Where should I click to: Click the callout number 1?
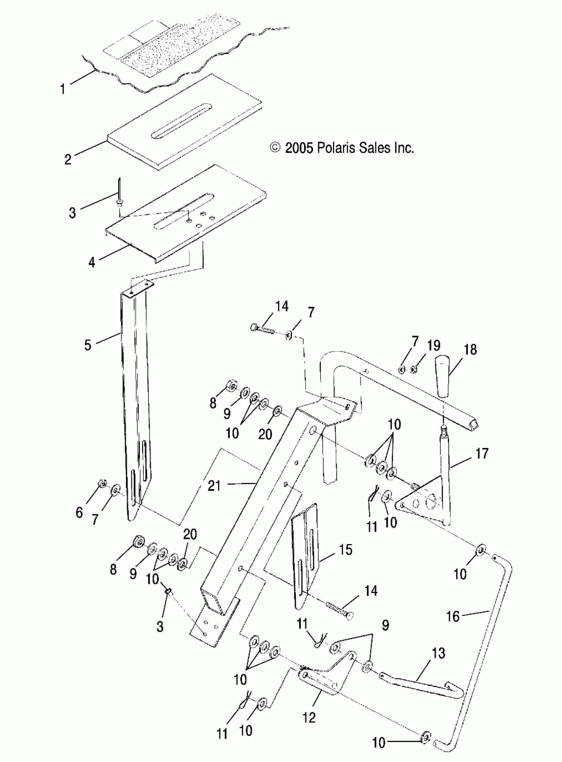(62, 89)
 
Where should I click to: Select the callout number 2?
(68, 159)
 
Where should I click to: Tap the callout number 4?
(92, 262)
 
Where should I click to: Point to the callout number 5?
(88, 345)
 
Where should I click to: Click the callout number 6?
(79, 512)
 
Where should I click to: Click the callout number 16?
(453, 616)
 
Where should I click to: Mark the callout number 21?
(214, 485)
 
